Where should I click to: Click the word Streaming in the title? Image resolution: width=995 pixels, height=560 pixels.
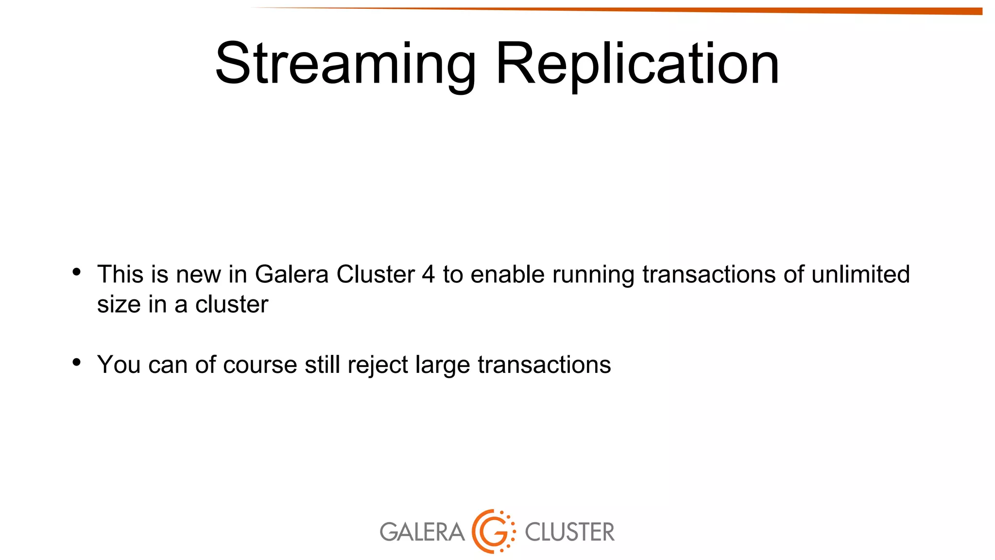pyautogui.click(x=345, y=64)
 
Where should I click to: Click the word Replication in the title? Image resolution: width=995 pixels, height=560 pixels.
pyautogui.click(x=637, y=64)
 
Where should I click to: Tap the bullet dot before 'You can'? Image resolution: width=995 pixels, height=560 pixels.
pyautogui.click(x=76, y=362)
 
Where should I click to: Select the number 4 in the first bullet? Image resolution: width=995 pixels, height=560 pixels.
pyautogui.click(x=428, y=275)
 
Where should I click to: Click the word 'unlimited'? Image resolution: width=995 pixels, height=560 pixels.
pyautogui.click(x=860, y=274)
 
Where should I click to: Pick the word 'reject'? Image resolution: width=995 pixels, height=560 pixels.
pyautogui.click(x=377, y=366)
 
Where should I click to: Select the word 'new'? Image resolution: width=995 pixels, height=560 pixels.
pyautogui.click(x=198, y=275)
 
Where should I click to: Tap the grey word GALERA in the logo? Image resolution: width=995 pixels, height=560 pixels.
pyautogui.click(x=422, y=532)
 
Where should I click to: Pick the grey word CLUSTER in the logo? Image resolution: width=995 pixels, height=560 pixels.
pyautogui.click(x=569, y=532)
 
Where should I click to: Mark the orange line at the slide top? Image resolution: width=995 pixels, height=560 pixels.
pyautogui.click(x=729, y=10)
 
